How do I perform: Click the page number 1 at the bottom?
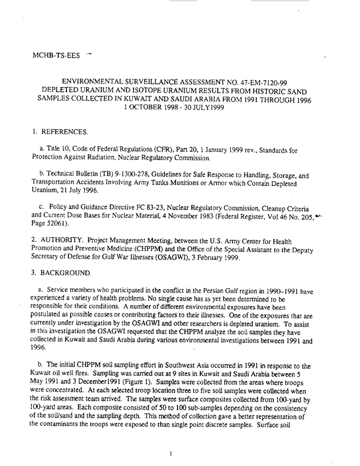(x=169, y=453)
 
